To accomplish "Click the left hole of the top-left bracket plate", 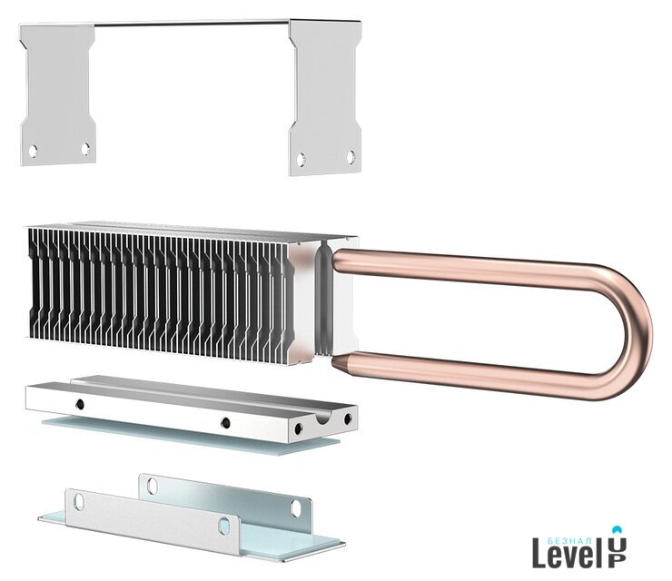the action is point(33,151).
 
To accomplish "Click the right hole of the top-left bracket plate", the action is point(85,149).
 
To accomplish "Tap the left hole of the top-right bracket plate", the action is point(301,160).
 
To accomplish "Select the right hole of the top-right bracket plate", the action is point(351,157).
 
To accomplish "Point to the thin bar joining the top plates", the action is point(192,23).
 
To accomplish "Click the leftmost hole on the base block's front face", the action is point(80,404).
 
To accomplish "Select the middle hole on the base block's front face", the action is point(225,423).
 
